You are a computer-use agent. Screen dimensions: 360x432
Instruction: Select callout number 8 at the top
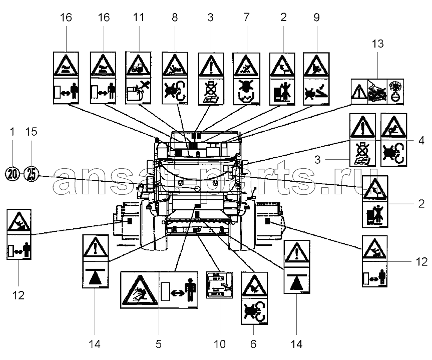[174, 18]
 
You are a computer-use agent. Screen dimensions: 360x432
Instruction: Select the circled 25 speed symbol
[32, 173]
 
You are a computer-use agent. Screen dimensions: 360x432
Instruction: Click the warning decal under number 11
[139, 78]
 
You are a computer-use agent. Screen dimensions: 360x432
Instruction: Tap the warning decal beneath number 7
[246, 78]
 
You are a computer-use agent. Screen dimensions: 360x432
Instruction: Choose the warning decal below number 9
[317, 78]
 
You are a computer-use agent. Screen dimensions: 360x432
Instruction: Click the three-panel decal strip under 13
[377, 91]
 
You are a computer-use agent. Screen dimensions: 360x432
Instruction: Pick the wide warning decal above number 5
[160, 289]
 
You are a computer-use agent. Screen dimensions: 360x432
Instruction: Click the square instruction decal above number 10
[220, 284]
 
